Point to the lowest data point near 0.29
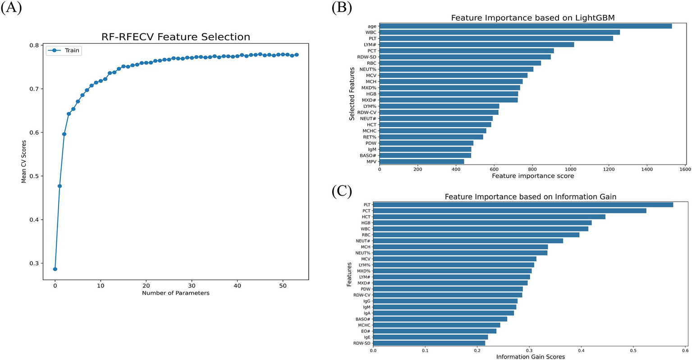pyautogui.click(x=55, y=269)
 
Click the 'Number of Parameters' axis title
pyautogui.click(x=175, y=293)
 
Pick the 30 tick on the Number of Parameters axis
pyautogui.click(x=192, y=285)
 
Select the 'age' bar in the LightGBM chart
pyautogui.click(x=525, y=26)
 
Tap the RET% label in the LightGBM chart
pyautogui.click(x=370, y=137)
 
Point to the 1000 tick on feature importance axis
pyautogui.click(x=571, y=169)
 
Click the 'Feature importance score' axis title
pyautogui.click(x=533, y=176)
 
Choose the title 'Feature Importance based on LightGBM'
pyautogui.click(x=533, y=18)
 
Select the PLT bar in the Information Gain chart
pyautogui.click(x=523, y=205)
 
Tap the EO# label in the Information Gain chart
pyautogui.click(x=366, y=331)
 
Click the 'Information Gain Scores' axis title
pyautogui.click(x=530, y=356)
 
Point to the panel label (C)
pyautogui.click(x=341, y=191)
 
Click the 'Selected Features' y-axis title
pyautogui.click(x=352, y=94)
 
